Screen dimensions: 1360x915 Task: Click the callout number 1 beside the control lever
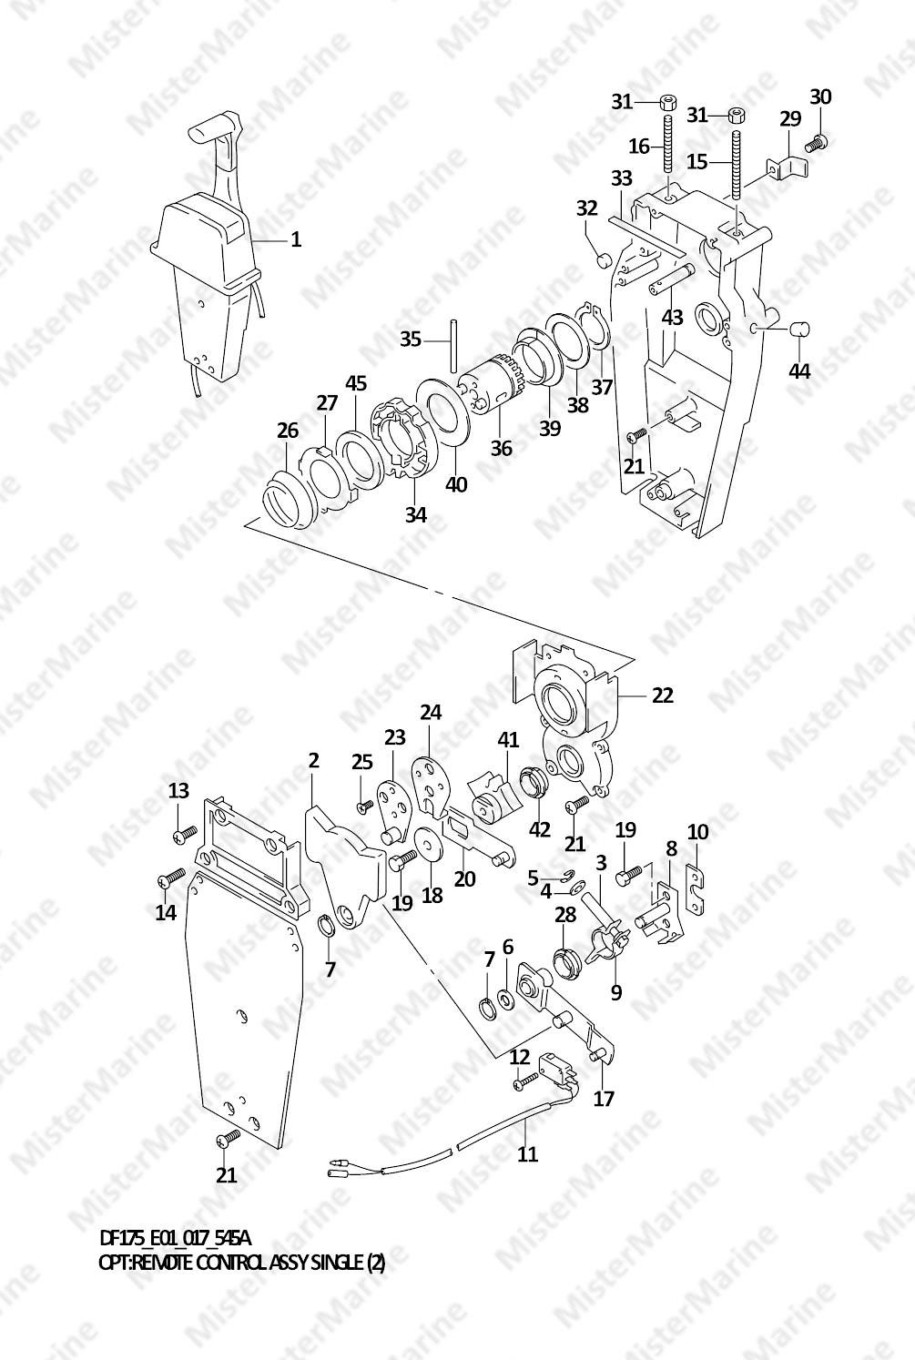[x=296, y=239]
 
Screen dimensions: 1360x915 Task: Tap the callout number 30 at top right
[x=820, y=97]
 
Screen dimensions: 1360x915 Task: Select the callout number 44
[x=799, y=371]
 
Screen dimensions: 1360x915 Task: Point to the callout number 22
[x=662, y=695]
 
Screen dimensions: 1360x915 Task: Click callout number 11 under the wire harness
[x=528, y=1154]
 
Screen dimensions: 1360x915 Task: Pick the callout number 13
[x=179, y=790]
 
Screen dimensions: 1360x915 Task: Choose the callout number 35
[x=411, y=339]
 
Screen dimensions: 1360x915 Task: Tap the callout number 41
[x=508, y=742]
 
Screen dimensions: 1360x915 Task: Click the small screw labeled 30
[x=818, y=141]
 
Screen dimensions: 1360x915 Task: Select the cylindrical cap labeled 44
[x=798, y=329]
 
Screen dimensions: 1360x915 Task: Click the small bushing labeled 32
[x=602, y=262]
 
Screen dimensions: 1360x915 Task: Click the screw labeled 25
[x=363, y=804]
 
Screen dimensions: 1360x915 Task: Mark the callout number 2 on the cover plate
[x=313, y=760]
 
